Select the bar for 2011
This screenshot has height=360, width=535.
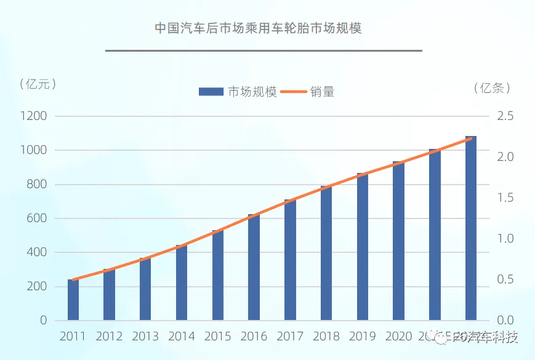click(x=73, y=300)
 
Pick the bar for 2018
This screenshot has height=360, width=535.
click(x=326, y=253)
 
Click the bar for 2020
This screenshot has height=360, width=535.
click(x=398, y=241)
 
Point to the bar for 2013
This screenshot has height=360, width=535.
click(x=145, y=289)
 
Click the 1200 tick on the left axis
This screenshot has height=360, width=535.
click(x=34, y=116)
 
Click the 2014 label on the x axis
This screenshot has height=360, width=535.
click(x=181, y=336)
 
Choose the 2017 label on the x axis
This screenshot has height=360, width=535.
click(x=290, y=336)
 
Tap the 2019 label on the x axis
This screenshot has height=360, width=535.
click(x=363, y=336)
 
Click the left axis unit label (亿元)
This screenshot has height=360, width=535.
click(x=38, y=84)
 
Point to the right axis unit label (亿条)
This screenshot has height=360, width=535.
click(x=493, y=88)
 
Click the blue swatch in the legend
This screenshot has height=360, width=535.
click(x=211, y=92)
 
